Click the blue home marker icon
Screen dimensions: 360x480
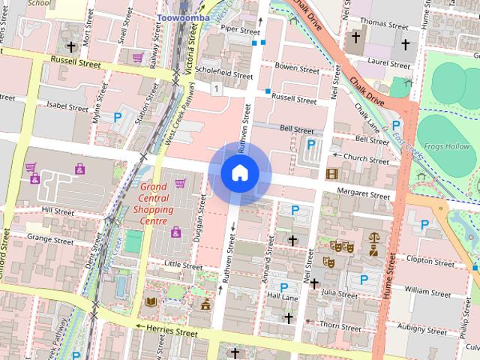(x=239, y=172)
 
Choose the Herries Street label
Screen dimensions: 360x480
(x=172, y=331)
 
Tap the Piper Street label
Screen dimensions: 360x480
(x=239, y=30)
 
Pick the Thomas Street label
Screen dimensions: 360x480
(x=383, y=24)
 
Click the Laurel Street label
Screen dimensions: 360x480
(x=389, y=64)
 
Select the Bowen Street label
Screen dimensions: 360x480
(x=297, y=67)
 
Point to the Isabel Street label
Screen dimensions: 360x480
(x=67, y=107)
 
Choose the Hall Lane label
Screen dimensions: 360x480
(x=283, y=298)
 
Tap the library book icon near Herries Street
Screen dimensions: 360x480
(x=151, y=301)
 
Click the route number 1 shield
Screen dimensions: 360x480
(x=216, y=89)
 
